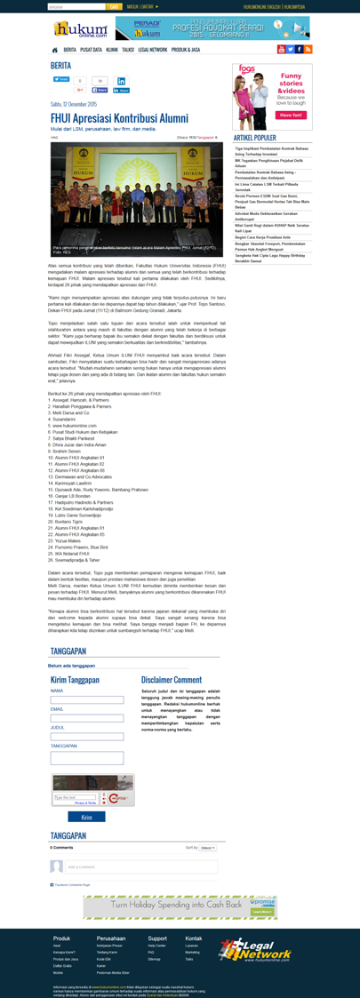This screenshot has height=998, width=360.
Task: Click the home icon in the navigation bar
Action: (x=54, y=50)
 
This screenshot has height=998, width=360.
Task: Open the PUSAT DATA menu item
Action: (x=92, y=50)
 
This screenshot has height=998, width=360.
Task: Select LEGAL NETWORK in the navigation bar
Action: (x=152, y=50)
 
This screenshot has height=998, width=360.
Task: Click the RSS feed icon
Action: (x=308, y=50)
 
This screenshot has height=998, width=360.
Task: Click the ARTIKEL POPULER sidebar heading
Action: (x=254, y=138)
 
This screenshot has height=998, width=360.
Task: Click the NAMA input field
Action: (x=87, y=700)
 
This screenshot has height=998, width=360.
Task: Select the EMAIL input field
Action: (x=87, y=718)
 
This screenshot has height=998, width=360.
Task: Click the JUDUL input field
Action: (x=87, y=737)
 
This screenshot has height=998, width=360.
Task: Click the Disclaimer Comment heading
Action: (x=171, y=680)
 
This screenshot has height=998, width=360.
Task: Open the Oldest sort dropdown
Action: (x=208, y=848)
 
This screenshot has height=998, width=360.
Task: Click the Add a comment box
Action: (x=140, y=866)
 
